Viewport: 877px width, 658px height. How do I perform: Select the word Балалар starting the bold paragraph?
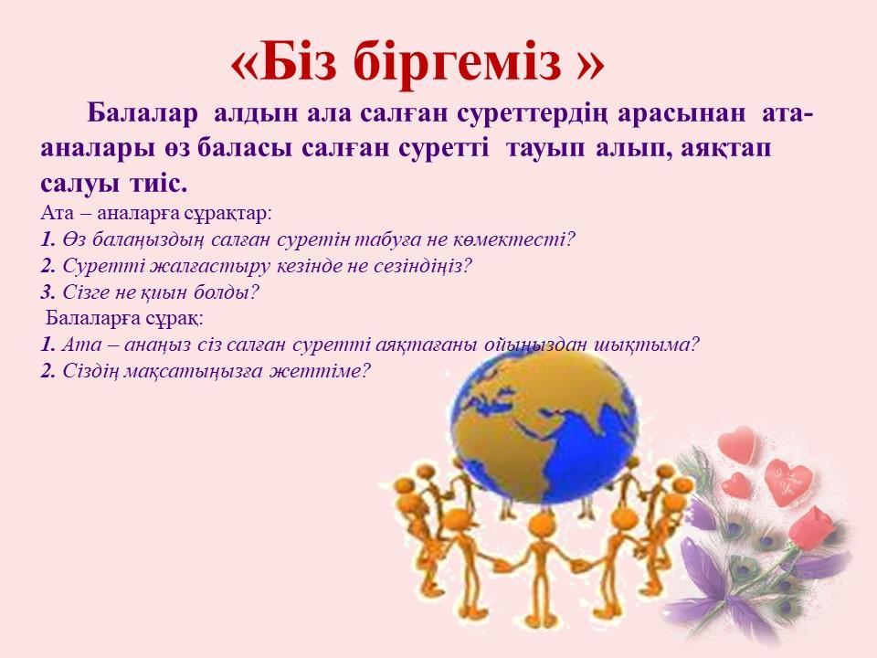coord(143,113)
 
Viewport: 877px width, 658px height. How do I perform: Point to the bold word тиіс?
coord(158,184)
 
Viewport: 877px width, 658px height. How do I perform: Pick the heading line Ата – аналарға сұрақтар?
coord(156,213)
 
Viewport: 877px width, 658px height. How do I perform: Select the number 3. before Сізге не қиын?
coord(48,292)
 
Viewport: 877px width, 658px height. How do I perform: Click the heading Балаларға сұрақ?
coord(125,318)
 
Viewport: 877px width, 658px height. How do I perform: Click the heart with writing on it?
coord(788,482)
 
